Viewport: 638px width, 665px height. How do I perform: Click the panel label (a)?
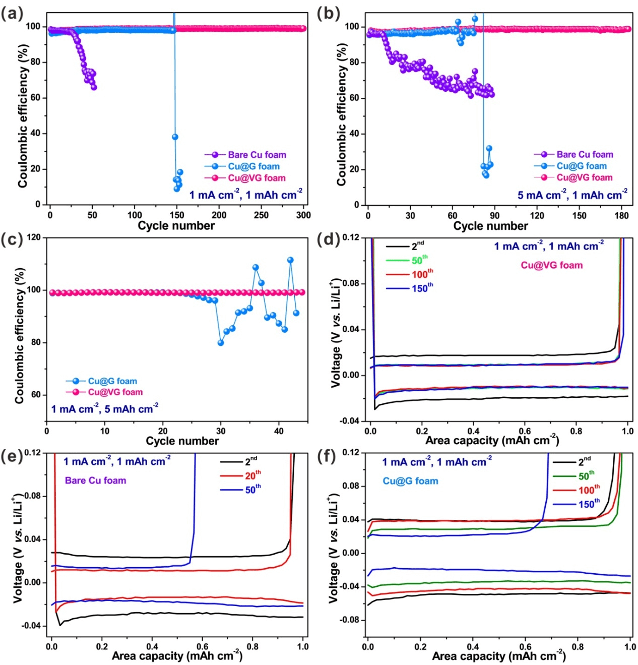(x=12, y=13)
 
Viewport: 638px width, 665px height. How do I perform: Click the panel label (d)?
(x=329, y=238)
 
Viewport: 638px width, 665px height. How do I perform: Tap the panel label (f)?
(x=328, y=456)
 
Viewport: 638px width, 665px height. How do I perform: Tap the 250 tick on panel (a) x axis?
(x=261, y=215)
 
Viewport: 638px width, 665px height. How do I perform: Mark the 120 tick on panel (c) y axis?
(x=34, y=237)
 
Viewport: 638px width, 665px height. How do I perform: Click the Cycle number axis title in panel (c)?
(x=182, y=441)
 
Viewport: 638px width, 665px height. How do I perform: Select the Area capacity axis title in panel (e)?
(x=177, y=656)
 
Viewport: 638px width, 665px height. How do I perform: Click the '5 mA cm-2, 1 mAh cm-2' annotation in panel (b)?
(x=572, y=195)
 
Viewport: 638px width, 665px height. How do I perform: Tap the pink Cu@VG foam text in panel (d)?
(x=551, y=265)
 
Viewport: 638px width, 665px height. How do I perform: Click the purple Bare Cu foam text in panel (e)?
(x=95, y=480)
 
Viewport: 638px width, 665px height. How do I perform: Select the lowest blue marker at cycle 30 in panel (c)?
(x=220, y=343)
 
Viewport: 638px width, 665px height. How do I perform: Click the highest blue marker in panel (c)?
(x=290, y=260)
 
